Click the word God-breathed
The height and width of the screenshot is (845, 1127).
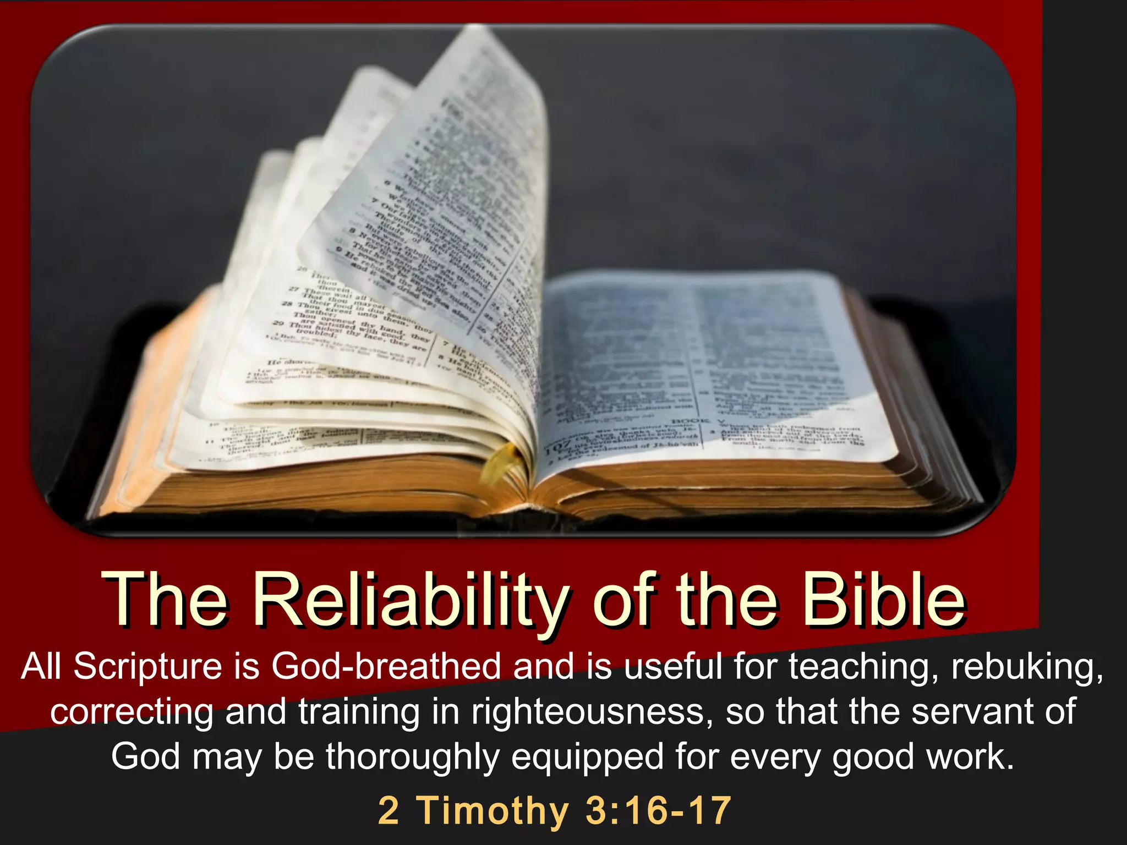click(386, 667)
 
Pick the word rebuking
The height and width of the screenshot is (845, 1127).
click(1027, 667)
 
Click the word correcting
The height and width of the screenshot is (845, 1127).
click(132, 712)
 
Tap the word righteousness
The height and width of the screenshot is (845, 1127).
click(588, 712)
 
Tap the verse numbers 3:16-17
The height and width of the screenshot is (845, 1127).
click(658, 810)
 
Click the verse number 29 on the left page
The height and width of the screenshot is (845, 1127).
click(279, 325)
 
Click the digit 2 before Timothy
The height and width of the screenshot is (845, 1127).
click(389, 810)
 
